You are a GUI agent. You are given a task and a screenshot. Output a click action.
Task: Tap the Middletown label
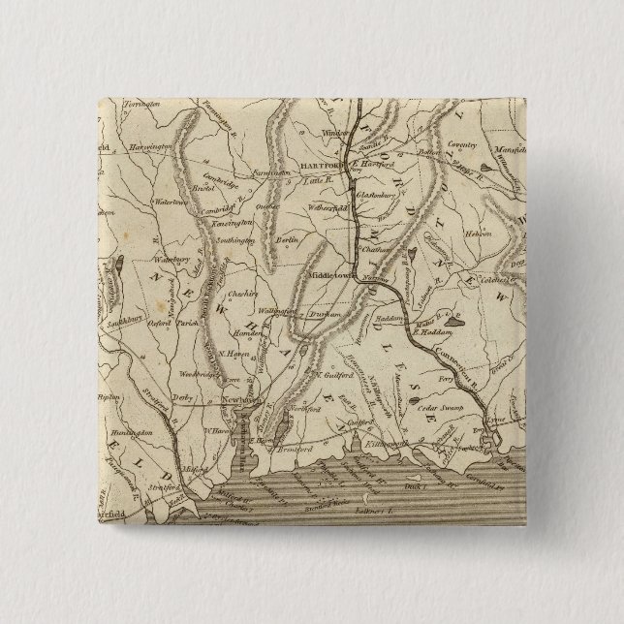click(332, 274)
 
